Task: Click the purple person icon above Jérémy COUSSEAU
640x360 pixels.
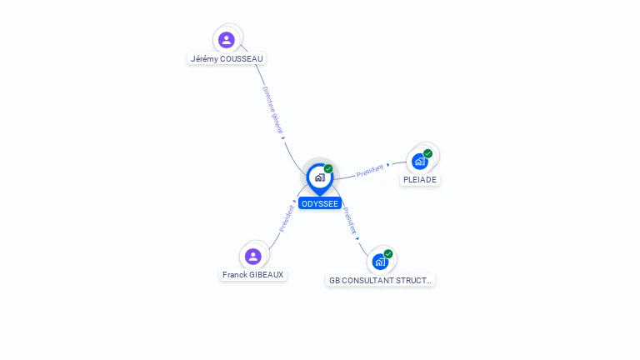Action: point(227,39)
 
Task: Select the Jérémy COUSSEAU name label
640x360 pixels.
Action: point(227,59)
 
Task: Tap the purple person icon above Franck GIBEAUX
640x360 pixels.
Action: point(253,256)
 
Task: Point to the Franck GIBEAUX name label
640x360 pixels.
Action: point(253,274)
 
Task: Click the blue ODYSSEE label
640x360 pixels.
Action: point(320,203)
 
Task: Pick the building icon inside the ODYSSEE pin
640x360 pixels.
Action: point(319,177)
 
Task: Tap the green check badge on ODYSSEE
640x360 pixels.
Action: point(328,169)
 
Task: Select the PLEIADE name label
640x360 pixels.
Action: point(420,179)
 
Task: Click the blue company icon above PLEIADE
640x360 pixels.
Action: point(419,161)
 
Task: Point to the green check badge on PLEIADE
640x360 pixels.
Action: point(427,153)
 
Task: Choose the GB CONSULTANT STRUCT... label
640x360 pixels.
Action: point(381,281)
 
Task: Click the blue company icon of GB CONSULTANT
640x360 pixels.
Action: point(380,262)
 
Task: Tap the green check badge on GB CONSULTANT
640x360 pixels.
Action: point(388,254)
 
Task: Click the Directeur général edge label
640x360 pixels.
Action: point(272,110)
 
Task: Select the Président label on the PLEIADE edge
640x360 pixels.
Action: point(369,170)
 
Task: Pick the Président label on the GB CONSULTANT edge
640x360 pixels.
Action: point(351,217)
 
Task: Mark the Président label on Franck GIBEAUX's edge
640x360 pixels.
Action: point(286,218)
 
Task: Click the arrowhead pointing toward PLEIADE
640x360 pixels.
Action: point(388,165)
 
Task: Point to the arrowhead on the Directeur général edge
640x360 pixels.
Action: point(283,138)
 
